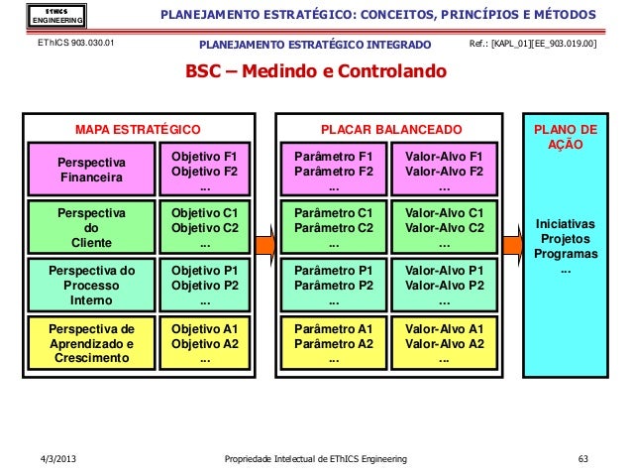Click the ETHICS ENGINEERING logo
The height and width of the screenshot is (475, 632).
click(x=43, y=16)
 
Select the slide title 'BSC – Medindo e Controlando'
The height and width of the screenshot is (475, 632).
click(x=315, y=73)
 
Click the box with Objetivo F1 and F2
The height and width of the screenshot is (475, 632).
click(x=205, y=171)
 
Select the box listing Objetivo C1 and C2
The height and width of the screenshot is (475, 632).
click(x=205, y=227)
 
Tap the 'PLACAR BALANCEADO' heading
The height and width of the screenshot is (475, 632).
click(x=389, y=130)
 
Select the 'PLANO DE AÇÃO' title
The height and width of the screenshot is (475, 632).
click(x=566, y=137)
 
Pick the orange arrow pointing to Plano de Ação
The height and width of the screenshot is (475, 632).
click(x=511, y=244)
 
